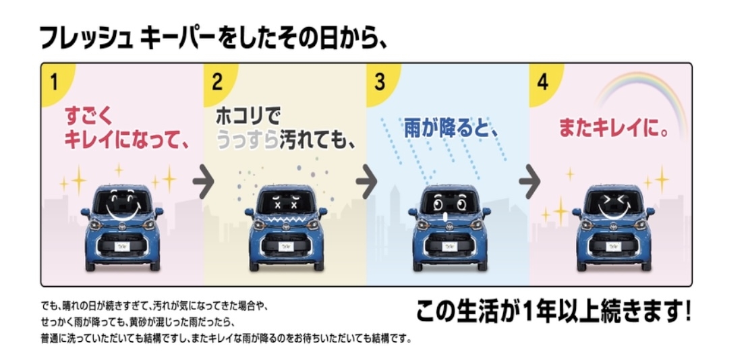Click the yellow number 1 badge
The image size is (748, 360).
pyautogui.click(x=54, y=82)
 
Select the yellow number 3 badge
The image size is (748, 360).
pyautogui.click(x=380, y=82)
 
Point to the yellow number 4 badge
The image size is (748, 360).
pyautogui.click(x=542, y=82)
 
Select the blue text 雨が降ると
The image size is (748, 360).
pyautogui.click(x=451, y=128)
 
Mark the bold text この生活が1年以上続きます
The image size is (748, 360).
pyautogui.click(x=552, y=312)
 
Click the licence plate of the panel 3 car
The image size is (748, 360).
pyautogui.click(x=449, y=247)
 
